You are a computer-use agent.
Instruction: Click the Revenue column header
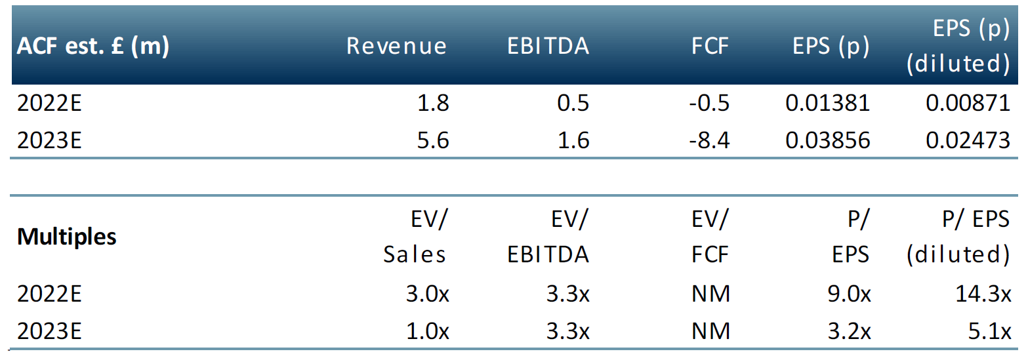point(396,46)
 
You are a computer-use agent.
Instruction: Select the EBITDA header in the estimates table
point(548,46)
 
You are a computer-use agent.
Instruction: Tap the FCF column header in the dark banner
point(710,46)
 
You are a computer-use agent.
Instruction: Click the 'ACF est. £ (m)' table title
point(93,46)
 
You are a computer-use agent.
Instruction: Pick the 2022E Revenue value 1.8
point(433,103)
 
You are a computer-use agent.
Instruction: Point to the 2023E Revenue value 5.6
point(433,140)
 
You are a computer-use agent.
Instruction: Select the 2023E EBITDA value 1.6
point(573,140)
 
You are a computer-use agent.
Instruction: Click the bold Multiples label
point(67,237)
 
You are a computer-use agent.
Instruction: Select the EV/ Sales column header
point(415,237)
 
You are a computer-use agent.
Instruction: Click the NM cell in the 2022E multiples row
point(710,295)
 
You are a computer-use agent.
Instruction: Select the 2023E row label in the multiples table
point(50,332)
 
